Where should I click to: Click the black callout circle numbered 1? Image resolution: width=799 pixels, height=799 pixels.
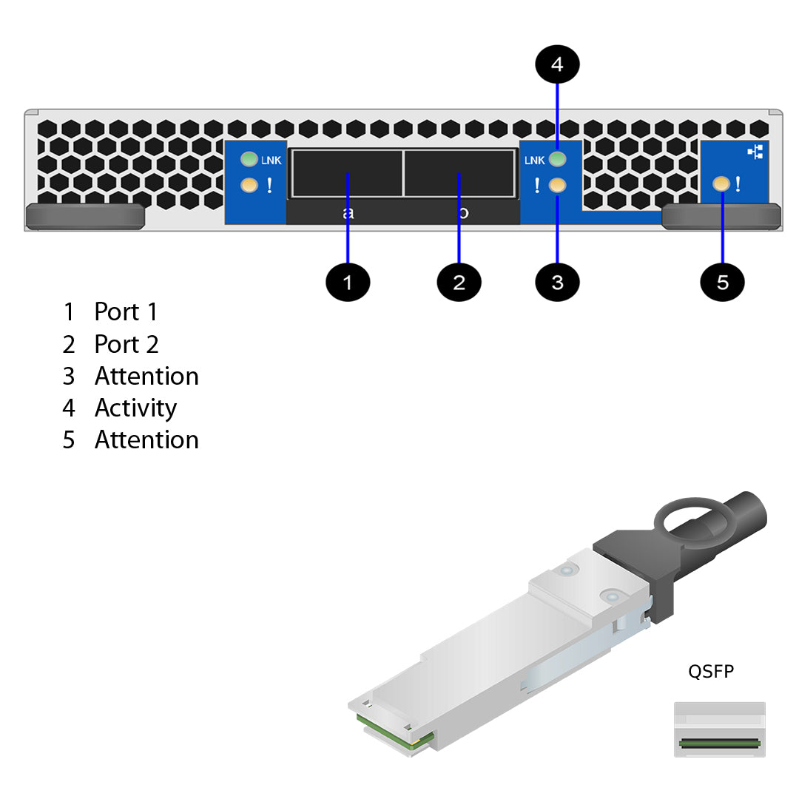(x=348, y=282)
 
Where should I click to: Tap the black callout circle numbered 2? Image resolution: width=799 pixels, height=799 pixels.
(x=459, y=282)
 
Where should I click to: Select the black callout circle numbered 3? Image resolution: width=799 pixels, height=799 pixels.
(x=557, y=282)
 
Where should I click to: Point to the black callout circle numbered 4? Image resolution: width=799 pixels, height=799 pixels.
(x=557, y=65)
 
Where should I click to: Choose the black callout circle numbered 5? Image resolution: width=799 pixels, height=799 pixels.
(x=722, y=282)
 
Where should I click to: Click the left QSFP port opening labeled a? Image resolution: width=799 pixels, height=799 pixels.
(x=346, y=173)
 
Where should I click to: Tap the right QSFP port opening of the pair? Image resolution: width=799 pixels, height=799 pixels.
(x=459, y=173)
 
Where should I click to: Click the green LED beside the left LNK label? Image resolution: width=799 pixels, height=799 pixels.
(x=249, y=159)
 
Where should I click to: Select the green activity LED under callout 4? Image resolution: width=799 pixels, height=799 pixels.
(x=558, y=159)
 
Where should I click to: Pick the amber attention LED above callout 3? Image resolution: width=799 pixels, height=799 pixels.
(x=558, y=185)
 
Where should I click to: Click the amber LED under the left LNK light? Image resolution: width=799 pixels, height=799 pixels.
(x=249, y=185)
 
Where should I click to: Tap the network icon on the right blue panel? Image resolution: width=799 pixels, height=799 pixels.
(x=755, y=152)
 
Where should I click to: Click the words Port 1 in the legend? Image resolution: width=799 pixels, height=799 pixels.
(x=126, y=312)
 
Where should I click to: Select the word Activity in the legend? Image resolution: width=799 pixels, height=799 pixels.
(x=135, y=408)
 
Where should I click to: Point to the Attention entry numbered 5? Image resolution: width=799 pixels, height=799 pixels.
(x=146, y=439)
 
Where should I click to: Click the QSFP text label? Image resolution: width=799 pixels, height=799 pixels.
(x=711, y=671)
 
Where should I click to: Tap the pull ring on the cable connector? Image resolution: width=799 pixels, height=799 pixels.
(x=687, y=521)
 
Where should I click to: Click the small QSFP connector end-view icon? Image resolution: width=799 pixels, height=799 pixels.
(x=719, y=729)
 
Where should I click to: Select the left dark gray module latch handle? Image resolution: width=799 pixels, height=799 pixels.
(x=84, y=216)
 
